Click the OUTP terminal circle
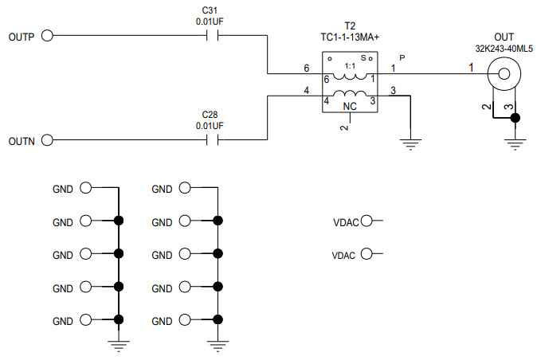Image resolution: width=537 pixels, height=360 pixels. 46,36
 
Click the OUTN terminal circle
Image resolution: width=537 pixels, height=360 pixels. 46,141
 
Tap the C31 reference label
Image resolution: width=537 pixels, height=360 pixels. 210,10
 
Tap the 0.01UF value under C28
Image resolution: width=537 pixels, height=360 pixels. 210,126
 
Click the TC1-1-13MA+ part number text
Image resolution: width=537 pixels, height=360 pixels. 348,37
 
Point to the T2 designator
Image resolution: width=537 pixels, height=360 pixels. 348,25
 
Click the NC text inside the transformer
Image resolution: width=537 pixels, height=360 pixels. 349,106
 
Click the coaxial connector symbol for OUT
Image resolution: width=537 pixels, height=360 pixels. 504,76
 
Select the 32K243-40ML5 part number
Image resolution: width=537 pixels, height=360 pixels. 504,48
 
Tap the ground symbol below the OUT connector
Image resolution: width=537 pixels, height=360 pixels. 515,143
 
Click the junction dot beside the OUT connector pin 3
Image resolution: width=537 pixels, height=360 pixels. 515,119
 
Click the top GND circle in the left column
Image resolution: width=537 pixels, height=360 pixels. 84,189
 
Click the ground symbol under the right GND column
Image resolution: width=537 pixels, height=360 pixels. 217,345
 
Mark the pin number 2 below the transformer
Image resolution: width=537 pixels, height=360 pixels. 344,127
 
